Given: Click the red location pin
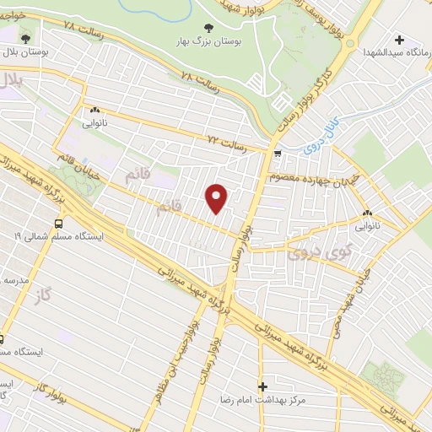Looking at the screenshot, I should point(218,198).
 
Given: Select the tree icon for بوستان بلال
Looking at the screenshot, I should point(24,38).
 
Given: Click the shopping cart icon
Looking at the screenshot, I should point(277,154).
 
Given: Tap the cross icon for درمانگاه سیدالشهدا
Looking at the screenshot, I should point(400,39).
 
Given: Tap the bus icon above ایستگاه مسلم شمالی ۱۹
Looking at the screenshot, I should point(59,224).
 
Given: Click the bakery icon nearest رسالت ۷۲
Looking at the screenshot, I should point(94,110).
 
